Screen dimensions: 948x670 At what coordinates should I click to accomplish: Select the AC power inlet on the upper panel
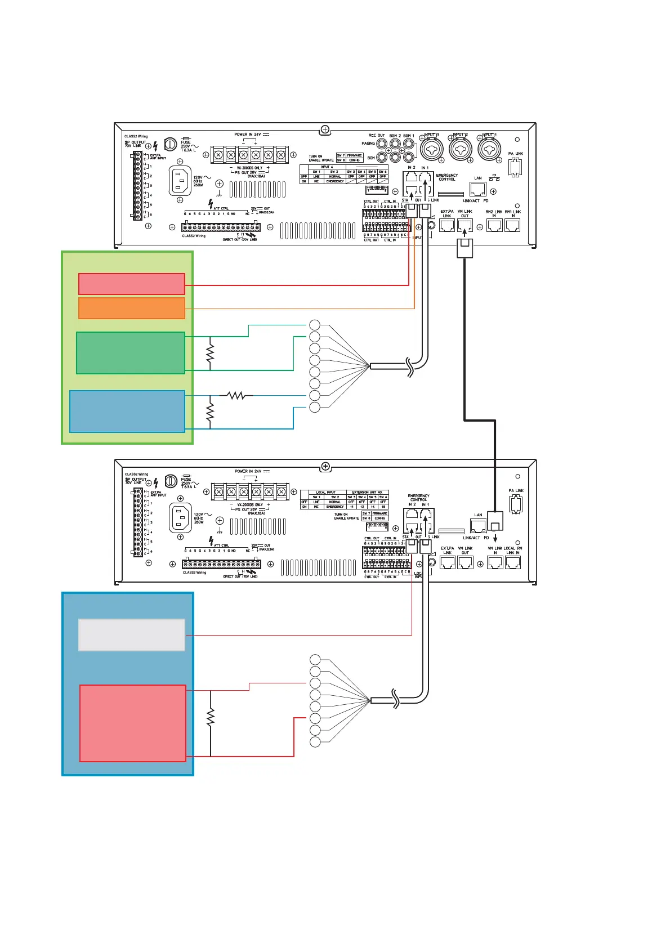pyautogui.click(x=180, y=181)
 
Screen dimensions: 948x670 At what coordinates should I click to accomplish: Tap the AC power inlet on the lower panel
pyautogui.click(x=180, y=518)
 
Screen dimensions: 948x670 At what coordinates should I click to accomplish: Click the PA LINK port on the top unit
pyautogui.click(x=515, y=167)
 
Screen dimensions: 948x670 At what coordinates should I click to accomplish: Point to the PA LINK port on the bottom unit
pyautogui.click(x=515, y=504)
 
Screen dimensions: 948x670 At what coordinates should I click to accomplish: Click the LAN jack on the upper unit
pyautogui.click(x=477, y=189)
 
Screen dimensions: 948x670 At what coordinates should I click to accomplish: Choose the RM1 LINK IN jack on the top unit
pyautogui.click(x=512, y=225)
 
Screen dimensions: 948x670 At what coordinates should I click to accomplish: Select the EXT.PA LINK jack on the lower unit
pyautogui.click(x=447, y=562)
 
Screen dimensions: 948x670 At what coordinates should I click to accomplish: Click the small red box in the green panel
pyautogui.click(x=132, y=284)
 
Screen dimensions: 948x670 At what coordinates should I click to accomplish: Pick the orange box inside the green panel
pyautogui.click(x=132, y=308)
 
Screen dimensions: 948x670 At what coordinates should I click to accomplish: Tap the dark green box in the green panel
pyautogui.click(x=131, y=353)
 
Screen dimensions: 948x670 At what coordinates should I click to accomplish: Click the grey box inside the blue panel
pyautogui.click(x=132, y=635)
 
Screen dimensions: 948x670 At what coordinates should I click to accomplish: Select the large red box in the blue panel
pyautogui.click(x=133, y=723)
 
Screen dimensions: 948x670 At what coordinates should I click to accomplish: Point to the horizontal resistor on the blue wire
pyautogui.click(x=236, y=396)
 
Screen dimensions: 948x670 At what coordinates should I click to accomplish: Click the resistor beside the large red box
pyautogui.click(x=211, y=718)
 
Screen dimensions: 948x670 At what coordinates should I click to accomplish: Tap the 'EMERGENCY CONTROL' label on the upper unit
pyautogui.click(x=447, y=177)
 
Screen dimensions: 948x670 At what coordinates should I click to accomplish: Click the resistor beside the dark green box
pyautogui.click(x=211, y=354)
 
